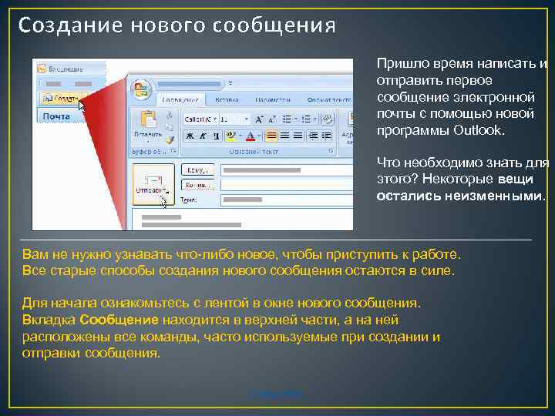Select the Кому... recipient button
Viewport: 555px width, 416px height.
(x=197, y=170)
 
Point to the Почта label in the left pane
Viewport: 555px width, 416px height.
(x=55, y=116)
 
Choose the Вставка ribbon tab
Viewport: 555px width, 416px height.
(x=227, y=99)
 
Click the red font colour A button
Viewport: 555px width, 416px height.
(x=250, y=136)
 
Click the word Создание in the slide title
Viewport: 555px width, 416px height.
(x=62, y=26)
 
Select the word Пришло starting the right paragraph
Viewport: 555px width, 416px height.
(x=398, y=64)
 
